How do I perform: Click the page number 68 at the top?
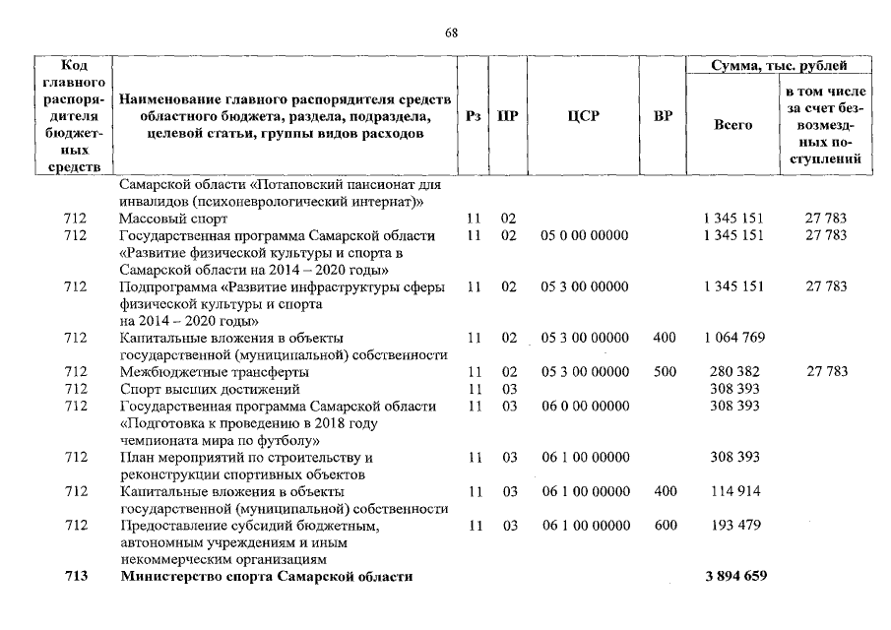[x=451, y=32]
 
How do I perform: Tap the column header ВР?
[x=664, y=116]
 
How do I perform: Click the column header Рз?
[x=472, y=116]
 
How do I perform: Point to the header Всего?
[x=732, y=125]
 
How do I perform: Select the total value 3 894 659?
[x=733, y=576]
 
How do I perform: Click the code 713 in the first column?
[x=75, y=576]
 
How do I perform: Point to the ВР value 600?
[x=665, y=525]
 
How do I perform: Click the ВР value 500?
[x=665, y=372]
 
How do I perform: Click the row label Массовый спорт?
[x=173, y=219]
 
